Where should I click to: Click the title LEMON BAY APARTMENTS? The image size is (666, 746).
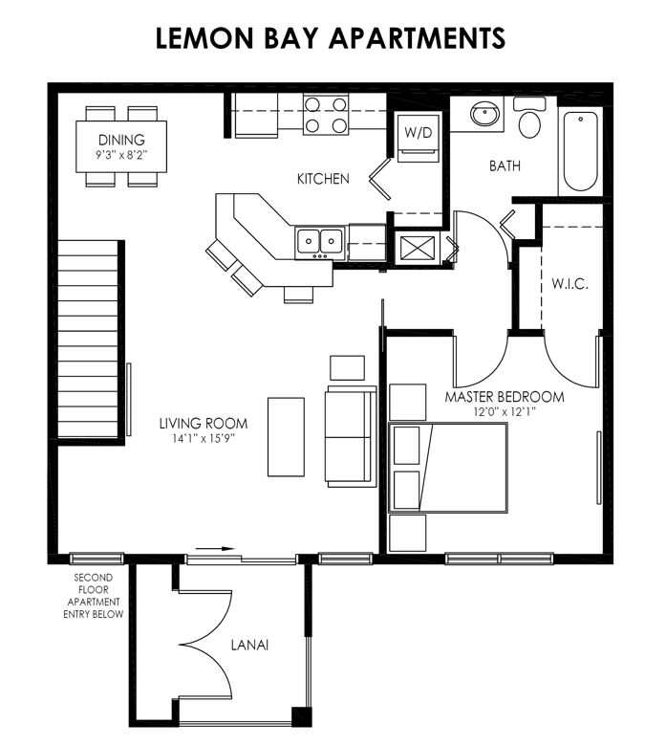[x=332, y=37]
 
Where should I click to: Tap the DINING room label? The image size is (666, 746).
[x=120, y=140]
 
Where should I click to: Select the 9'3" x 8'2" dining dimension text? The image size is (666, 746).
[x=120, y=153]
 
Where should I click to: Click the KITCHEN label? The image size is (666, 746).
[x=323, y=179]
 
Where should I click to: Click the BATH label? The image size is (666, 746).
[x=505, y=165]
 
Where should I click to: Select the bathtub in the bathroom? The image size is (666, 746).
[x=581, y=150]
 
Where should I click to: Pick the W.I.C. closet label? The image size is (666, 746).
[x=569, y=284]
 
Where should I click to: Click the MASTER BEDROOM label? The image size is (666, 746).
[x=505, y=397]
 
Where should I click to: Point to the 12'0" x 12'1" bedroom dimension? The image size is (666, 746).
[x=505, y=412]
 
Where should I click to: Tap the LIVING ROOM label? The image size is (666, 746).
[x=204, y=424]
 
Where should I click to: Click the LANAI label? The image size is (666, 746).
[x=249, y=646]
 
